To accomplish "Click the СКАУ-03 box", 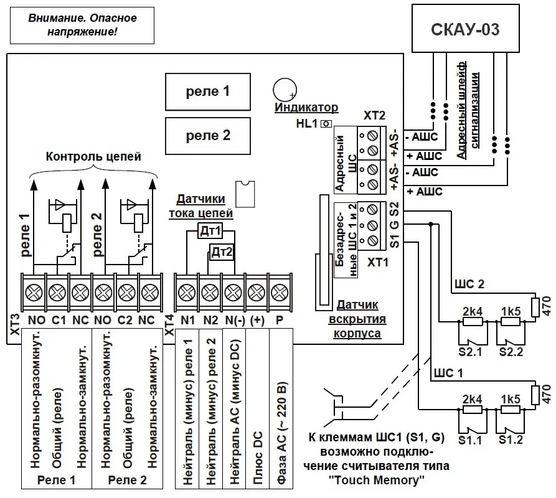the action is (x=465, y=29).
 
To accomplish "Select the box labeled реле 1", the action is (x=208, y=92).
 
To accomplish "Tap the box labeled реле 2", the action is (x=208, y=136).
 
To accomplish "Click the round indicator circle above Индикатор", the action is (x=285, y=90).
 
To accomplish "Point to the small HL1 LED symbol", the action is (x=326, y=124).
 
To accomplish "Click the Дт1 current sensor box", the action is (x=210, y=231).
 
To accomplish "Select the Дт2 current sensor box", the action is (x=222, y=252).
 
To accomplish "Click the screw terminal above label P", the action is (x=280, y=293).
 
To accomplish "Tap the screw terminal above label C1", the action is (x=57, y=293).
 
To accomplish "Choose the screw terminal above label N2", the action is (x=210, y=293).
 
